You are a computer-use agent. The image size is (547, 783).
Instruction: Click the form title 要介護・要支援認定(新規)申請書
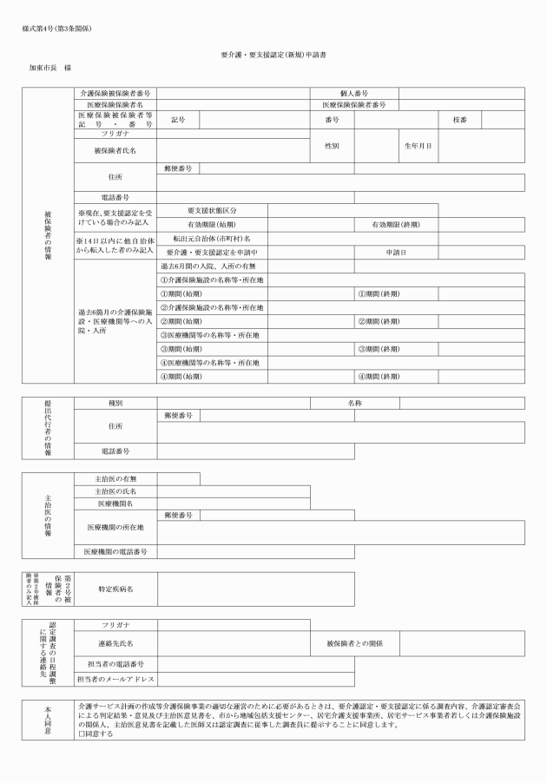pos(273,54)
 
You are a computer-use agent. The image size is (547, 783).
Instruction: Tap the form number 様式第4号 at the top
pos(56,29)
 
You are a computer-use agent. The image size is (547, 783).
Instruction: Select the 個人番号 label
pos(354,91)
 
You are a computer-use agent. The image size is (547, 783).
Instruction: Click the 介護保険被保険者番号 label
pos(115,91)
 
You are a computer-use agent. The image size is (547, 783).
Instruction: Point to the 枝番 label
pos(460,118)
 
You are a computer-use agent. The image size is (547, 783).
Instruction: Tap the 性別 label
pos(332,146)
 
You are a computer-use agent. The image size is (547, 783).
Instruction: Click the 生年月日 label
pos(418,146)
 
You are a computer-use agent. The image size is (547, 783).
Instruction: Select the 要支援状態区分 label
pos(212,210)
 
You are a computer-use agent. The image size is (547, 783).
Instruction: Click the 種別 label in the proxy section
pos(115,403)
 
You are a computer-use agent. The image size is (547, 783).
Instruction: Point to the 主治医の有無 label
pos(115,478)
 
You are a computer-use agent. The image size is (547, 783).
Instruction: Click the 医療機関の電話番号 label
pos(115,551)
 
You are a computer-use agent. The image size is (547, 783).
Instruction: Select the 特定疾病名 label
pos(115,589)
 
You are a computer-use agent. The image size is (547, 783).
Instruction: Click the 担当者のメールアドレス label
pos(115,679)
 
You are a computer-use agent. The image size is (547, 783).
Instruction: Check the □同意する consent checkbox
pos(79,734)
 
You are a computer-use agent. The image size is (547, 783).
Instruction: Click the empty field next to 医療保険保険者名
pos(234,104)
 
